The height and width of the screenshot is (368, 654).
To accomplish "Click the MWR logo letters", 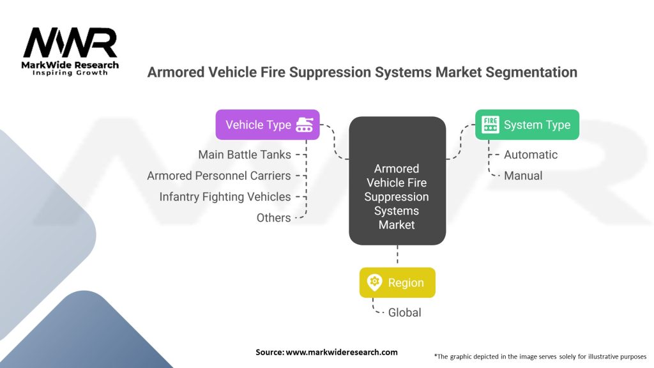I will point(70,43).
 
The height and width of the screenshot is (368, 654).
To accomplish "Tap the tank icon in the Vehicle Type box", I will point(304,125).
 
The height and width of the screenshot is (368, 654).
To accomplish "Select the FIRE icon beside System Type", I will point(490,125).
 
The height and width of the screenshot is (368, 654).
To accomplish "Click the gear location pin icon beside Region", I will point(374,282).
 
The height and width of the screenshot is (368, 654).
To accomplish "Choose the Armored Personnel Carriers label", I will point(219,176).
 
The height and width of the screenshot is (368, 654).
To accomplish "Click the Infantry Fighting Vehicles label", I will point(225,197).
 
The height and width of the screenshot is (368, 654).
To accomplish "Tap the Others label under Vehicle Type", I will point(273,218).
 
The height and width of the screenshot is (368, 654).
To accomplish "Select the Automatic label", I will point(530,155).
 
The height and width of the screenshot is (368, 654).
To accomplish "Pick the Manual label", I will point(523,176).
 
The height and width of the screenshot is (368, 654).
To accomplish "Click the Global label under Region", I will point(404,312).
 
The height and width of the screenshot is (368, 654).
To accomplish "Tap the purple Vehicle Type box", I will point(267,125).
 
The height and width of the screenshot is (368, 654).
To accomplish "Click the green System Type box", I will point(528,125).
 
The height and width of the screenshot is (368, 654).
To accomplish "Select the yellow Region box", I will point(397,282).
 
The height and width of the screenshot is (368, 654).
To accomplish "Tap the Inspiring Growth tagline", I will point(70,73).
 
